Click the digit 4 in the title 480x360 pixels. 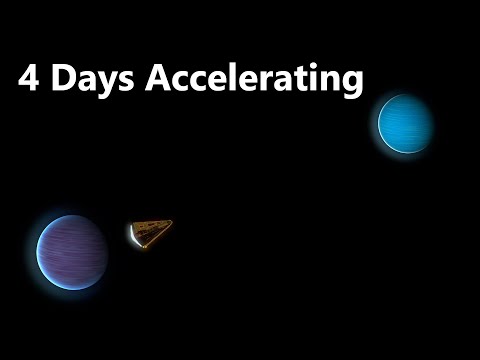click(x=27, y=80)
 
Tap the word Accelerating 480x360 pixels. click(x=254, y=81)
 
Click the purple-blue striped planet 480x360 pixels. click(x=72, y=251)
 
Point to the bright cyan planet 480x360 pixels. click(x=405, y=123)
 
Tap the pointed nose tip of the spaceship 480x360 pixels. click(x=170, y=222)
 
